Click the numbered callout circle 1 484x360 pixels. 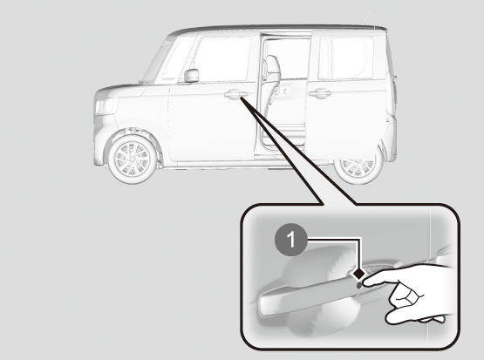(290, 240)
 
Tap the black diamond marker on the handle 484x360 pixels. (358, 274)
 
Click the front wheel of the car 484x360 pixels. (132, 159)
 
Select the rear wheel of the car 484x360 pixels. (358, 168)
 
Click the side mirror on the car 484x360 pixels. (191, 76)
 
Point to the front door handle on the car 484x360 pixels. (236, 94)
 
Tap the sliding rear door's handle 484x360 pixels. (320, 93)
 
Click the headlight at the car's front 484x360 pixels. (105, 105)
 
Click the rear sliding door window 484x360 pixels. (345, 58)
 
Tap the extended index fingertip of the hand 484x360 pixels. (368, 281)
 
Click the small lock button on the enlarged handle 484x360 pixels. (359, 285)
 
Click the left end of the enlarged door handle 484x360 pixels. (262, 305)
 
